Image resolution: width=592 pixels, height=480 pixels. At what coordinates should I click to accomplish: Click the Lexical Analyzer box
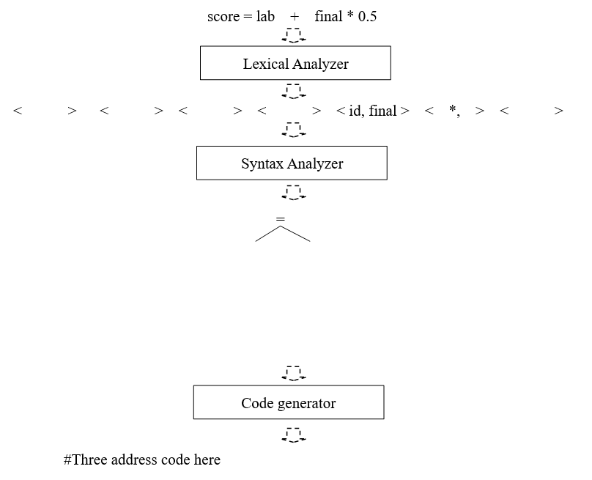[x=295, y=64]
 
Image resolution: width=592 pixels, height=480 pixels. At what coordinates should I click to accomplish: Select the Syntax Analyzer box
[x=292, y=163]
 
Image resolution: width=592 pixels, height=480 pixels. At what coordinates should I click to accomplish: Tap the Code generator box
[x=288, y=403]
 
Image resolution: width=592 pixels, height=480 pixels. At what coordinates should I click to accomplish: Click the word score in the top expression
[x=223, y=16]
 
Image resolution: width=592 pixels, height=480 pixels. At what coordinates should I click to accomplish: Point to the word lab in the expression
[x=265, y=16]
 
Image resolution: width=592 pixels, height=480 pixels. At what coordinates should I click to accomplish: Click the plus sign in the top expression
[x=295, y=16]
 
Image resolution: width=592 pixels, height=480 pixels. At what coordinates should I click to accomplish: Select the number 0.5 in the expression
[x=367, y=16]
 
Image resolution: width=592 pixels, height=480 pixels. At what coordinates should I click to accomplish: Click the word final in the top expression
[x=328, y=16]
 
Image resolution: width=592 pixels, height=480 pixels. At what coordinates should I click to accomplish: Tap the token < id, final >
[x=373, y=111]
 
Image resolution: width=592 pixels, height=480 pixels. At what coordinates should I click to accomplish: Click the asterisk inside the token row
[x=453, y=110]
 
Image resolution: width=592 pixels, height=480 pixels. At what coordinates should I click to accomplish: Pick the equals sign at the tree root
[x=279, y=219]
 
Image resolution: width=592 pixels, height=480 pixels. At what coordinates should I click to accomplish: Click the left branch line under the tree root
[x=267, y=233]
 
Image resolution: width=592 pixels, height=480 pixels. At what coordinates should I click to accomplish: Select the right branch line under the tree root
[x=295, y=233]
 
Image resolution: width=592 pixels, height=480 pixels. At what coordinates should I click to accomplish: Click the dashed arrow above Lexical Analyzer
[x=294, y=36]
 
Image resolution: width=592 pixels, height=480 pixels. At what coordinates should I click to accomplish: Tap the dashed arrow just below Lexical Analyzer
[x=294, y=91]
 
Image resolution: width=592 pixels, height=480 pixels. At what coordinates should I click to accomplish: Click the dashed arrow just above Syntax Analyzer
[x=294, y=130]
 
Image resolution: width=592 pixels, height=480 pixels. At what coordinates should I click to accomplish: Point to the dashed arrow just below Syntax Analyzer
[x=294, y=192]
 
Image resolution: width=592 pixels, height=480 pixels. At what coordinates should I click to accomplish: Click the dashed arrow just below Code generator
[x=294, y=435]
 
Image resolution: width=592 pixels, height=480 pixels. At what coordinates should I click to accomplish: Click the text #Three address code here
[x=142, y=460]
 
